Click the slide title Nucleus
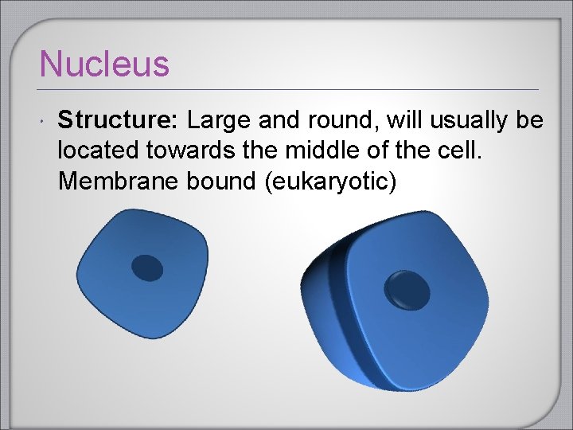(x=104, y=64)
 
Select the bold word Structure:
(x=119, y=121)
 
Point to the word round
(x=317, y=121)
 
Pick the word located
(x=93, y=151)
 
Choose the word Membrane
(x=119, y=182)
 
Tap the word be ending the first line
(x=529, y=121)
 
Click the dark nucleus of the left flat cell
(x=147, y=268)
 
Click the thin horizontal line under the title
(x=286, y=88)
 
